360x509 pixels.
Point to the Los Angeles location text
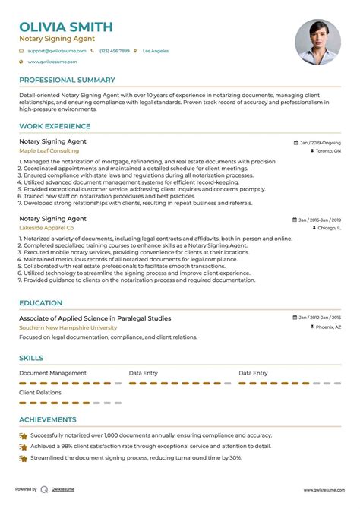pyautogui.click(x=156, y=51)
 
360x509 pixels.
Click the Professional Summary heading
pyautogui.click(x=67, y=80)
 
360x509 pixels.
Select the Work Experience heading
pyautogui.click(x=52, y=126)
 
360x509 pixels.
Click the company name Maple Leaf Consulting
pyautogui.click(x=49, y=150)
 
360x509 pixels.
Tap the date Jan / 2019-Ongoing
pyautogui.click(x=320, y=142)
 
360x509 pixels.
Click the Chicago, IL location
pyautogui.click(x=328, y=228)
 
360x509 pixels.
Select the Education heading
pyautogui.click(x=41, y=302)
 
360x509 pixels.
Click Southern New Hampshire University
pyautogui.click(x=68, y=327)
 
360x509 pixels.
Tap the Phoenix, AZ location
pyautogui.click(x=327, y=327)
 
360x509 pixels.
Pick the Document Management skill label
pyautogui.click(x=52, y=373)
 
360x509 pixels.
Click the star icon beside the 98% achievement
pyautogui.click(x=24, y=447)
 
